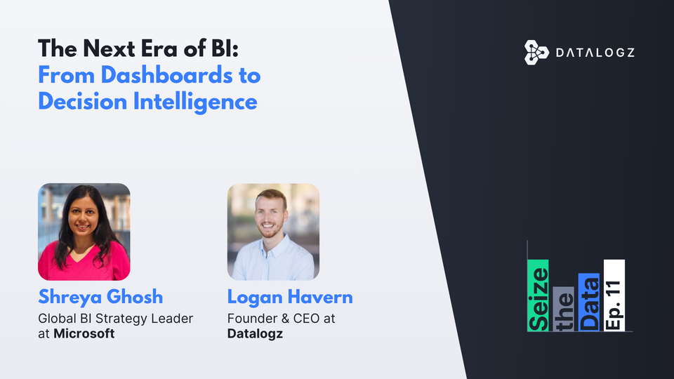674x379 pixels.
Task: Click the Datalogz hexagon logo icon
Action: (536, 53)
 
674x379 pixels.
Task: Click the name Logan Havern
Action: (290, 297)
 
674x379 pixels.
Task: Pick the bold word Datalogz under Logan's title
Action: (256, 333)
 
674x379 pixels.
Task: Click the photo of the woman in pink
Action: (84, 232)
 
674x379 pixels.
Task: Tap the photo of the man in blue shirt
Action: (273, 232)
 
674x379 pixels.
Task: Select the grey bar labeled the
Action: (563, 309)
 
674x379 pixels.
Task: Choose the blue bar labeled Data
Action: (588, 302)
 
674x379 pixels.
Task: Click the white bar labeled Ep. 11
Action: (614, 295)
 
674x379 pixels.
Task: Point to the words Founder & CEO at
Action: (281, 319)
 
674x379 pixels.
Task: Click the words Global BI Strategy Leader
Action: (115, 319)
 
